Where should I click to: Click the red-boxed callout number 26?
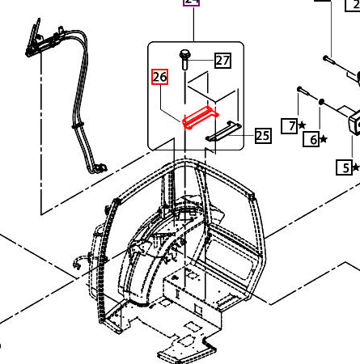tap(159, 78)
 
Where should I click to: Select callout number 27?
tap(222, 59)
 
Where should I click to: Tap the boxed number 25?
tap(262, 135)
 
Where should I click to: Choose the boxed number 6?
tap(311, 139)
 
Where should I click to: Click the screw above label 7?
tap(300, 88)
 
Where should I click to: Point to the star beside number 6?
tap(324, 140)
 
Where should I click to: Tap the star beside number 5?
tap(356, 168)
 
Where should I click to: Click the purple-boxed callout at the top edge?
tap(191, 2)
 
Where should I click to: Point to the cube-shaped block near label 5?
tap(333, 121)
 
